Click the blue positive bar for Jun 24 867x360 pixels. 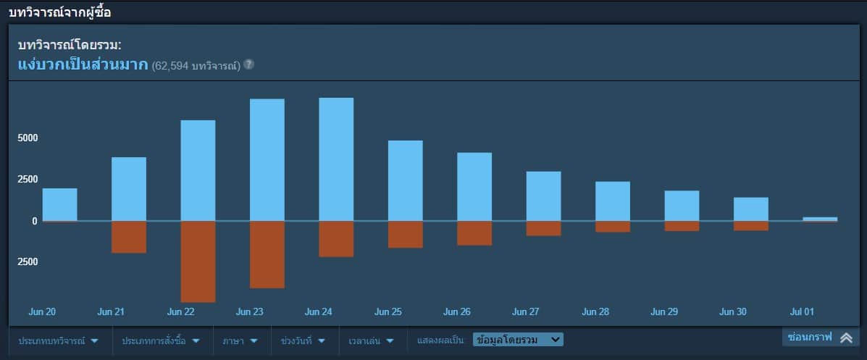pyautogui.click(x=336, y=159)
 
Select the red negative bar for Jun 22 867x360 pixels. pyautogui.click(x=198, y=261)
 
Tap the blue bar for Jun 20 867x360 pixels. pyautogui.click(x=59, y=204)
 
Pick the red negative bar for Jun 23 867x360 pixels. pyautogui.click(x=267, y=254)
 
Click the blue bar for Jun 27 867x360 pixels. pyautogui.click(x=543, y=196)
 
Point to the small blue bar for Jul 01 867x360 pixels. pyautogui.click(x=820, y=219)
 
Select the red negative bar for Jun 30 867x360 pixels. pyautogui.click(x=750, y=226)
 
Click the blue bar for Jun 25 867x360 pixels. pyautogui.click(x=405, y=180)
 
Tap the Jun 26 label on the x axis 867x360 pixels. pyautogui.click(x=457, y=312)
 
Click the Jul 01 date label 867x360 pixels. pyautogui.click(x=802, y=312)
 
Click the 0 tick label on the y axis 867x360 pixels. pyautogui.click(x=34, y=221)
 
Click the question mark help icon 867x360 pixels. pyautogui.click(x=248, y=64)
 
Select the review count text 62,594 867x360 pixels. pyautogui.click(x=170, y=66)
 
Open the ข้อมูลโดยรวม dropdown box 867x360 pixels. pyautogui.click(x=517, y=339)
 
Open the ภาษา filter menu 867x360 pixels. pyautogui.click(x=240, y=340)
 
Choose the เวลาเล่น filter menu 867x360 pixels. pyautogui.click(x=370, y=340)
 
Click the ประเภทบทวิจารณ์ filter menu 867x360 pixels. pyautogui.click(x=59, y=340)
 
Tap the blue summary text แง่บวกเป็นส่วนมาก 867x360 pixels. pyautogui.click(x=83, y=64)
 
